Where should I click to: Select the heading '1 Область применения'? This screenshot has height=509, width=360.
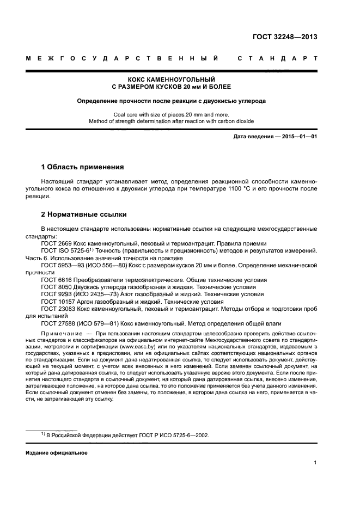[x=83, y=167]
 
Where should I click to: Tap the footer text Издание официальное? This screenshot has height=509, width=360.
[x=57, y=453]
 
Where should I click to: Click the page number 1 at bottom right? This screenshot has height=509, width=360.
[x=315, y=463]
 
